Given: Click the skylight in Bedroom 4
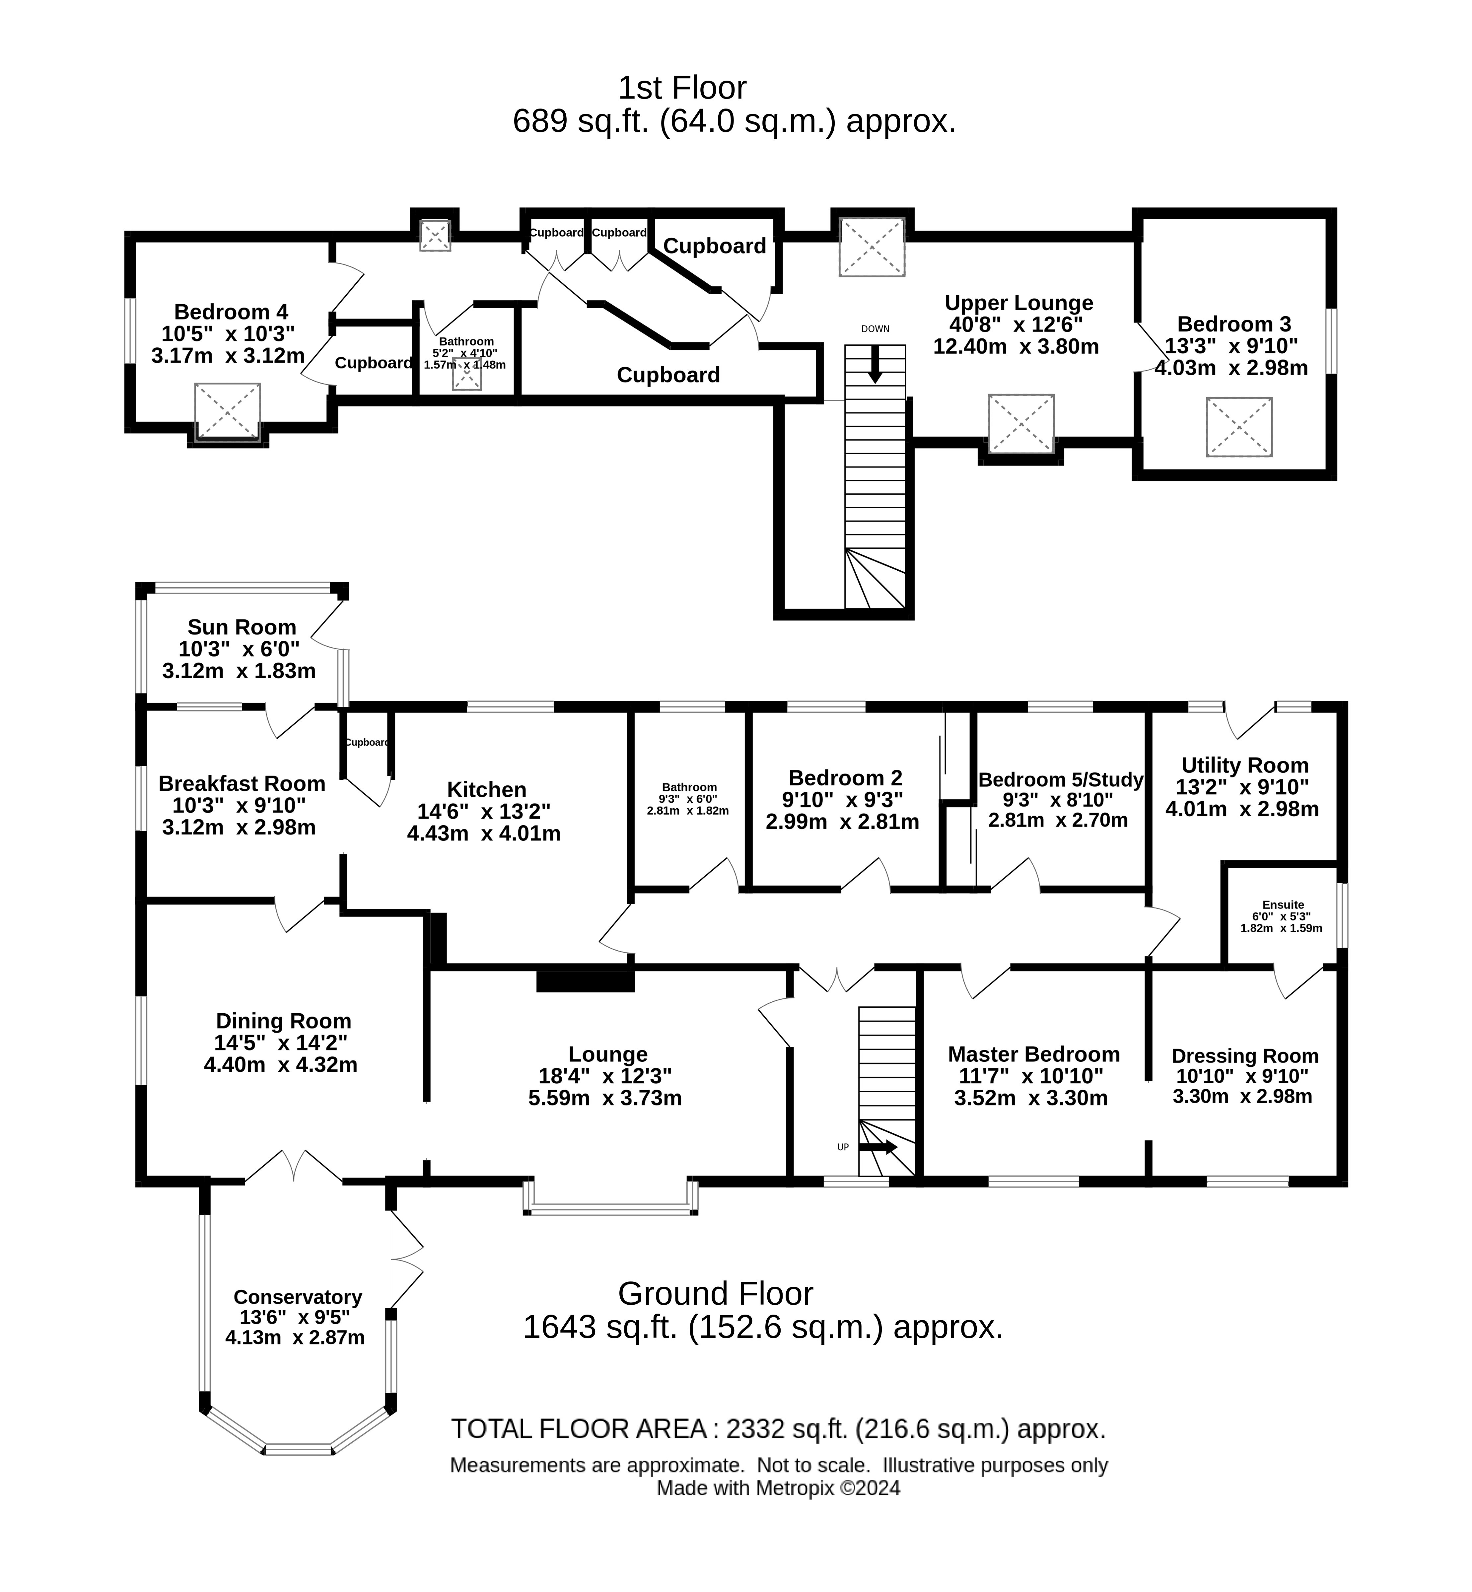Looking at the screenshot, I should tap(228, 411).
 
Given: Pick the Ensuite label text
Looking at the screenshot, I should tap(1283, 905).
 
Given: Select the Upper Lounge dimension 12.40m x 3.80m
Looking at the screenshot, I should tap(1016, 347).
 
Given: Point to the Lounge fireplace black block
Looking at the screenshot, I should tap(586, 980).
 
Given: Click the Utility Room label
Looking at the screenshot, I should tap(1244, 765).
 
